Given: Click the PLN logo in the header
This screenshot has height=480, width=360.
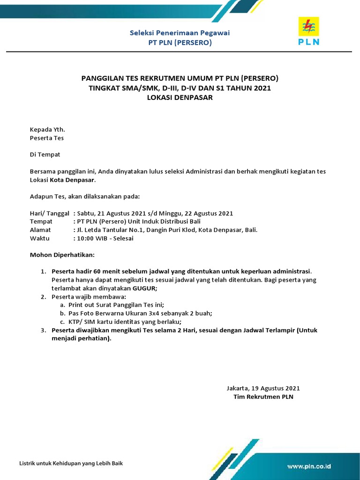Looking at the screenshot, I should pyautogui.click(x=308, y=30).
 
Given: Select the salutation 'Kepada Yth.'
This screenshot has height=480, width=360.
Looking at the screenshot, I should pyautogui.click(x=47, y=129).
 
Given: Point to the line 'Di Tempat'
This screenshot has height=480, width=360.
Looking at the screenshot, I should pyautogui.click(x=45, y=154).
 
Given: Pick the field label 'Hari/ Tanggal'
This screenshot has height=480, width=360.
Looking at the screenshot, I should pyautogui.click(x=50, y=213).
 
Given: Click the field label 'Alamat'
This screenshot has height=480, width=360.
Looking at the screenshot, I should pyautogui.click(x=40, y=230).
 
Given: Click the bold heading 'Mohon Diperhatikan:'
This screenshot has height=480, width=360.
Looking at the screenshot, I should pyautogui.click(x=62, y=255).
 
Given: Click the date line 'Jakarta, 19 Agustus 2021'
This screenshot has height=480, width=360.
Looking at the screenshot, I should pyautogui.click(x=263, y=388).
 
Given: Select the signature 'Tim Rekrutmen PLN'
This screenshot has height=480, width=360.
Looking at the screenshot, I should pyautogui.click(x=263, y=397).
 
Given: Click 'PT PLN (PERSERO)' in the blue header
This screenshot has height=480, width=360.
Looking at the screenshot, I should pyautogui.click(x=180, y=43).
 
